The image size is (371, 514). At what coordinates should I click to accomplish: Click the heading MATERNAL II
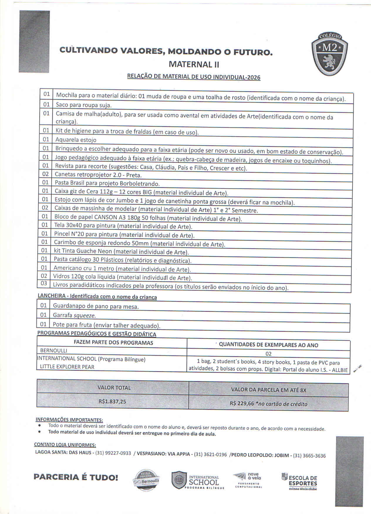[x=194, y=64]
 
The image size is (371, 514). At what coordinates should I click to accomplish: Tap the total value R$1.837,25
[x=112, y=401]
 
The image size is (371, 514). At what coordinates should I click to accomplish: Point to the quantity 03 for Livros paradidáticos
[x=44, y=283]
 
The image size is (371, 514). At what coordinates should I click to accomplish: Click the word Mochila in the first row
[x=67, y=95]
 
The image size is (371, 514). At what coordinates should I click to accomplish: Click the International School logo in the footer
[x=198, y=480]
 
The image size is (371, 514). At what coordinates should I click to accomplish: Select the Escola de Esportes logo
[x=299, y=481]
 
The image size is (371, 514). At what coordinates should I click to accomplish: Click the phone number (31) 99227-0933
[x=113, y=453]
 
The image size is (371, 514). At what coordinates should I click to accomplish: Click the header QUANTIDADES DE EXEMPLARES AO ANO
[x=268, y=345]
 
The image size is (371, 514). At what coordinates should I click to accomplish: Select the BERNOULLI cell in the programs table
[x=54, y=350]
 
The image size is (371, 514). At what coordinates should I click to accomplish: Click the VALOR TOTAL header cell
[x=114, y=388]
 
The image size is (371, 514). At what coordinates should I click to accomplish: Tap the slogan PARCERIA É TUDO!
[x=76, y=477]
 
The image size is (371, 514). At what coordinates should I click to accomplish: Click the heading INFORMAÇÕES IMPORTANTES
[x=69, y=420]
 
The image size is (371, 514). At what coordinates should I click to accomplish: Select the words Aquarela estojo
[x=76, y=140]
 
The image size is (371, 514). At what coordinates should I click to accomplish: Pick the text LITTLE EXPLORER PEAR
[x=67, y=367]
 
